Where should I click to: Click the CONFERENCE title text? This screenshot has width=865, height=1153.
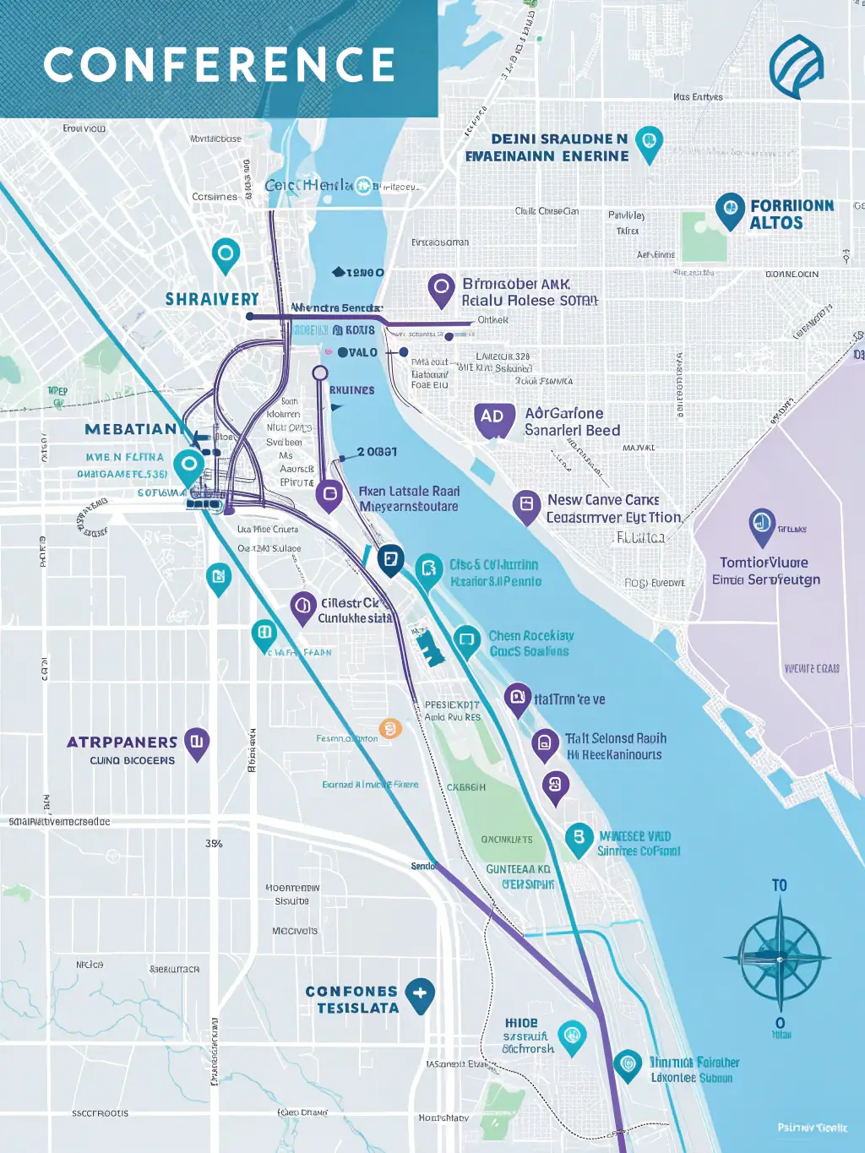[220, 65]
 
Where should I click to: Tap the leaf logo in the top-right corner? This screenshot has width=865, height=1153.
[796, 66]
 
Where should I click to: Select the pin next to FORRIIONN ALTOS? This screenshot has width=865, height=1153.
[729, 209]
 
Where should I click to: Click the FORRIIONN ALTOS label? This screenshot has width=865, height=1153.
[791, 215]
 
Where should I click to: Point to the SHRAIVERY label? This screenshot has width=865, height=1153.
[212, 299]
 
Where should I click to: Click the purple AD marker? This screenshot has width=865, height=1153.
[493, 418]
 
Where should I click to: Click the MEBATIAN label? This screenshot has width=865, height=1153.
[133, 429]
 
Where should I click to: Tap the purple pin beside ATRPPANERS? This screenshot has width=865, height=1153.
[197, 742]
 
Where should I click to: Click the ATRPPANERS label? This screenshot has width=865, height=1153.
[122, 742]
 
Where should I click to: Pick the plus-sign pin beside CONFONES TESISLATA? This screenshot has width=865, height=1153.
[420, 994]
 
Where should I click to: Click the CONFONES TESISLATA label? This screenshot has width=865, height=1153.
[352, 999]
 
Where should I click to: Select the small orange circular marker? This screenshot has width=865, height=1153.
[389, 728]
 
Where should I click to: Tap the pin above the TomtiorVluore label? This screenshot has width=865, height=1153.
[762, 525]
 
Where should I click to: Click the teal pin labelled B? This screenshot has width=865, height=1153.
[579, 838]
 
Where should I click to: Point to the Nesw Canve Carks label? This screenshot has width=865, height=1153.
[603, 500]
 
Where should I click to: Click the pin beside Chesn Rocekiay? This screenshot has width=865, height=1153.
[466, 640]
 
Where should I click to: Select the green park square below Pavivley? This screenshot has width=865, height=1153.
[704, 236]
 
